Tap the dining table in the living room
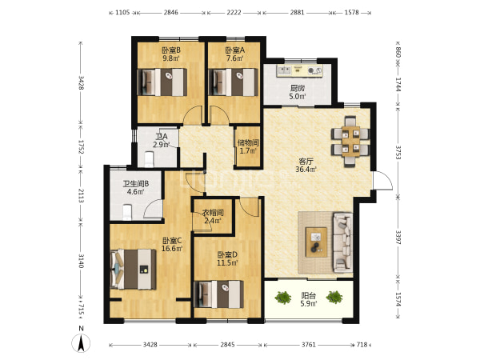[350, 142]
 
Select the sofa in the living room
[343, 242]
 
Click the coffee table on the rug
[316, 242]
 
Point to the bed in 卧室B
[162, 82]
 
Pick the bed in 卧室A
[233, 82]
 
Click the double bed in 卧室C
[133, 269]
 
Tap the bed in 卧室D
[219, 294]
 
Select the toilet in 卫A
[149, 159]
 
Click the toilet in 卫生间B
[127, 213]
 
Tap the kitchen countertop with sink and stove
[299, 70]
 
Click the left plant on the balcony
[283, 298]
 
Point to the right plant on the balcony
[334, 297]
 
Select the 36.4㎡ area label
[306, 170]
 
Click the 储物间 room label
[248, 142]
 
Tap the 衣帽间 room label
[213, 213]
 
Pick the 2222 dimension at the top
[234, 13]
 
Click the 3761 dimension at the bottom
[308, 345]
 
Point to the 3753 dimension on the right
[398, 152]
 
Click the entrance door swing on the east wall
[382, 181]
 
